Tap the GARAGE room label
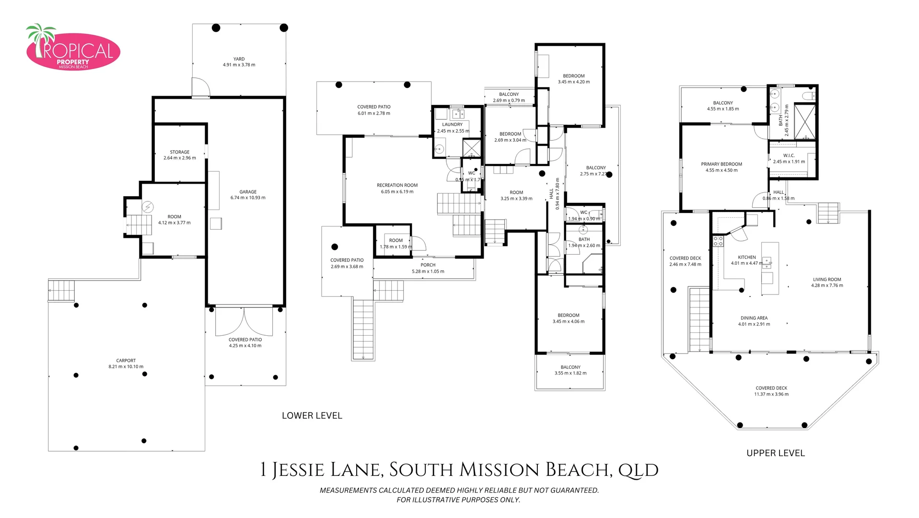(x=248, y=192)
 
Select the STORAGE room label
(x=180, y=152)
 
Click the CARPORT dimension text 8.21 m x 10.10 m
(x=126, y=366)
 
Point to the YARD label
(x=239, y=59)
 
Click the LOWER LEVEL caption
(x=312, y=416)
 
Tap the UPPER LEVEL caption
(x=775, y=453)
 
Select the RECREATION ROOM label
(x=397, y=185)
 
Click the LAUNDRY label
(x=452, y=124)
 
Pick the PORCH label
(x=428, y=265)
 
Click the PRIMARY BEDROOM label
(x=721, y=164)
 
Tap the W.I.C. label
(x=789, y=155)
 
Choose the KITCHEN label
(x=746, y=257)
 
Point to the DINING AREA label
(x=754, y=318)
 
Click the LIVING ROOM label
(x=826, y=279)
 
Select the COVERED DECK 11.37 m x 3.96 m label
(x=771, y=391)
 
